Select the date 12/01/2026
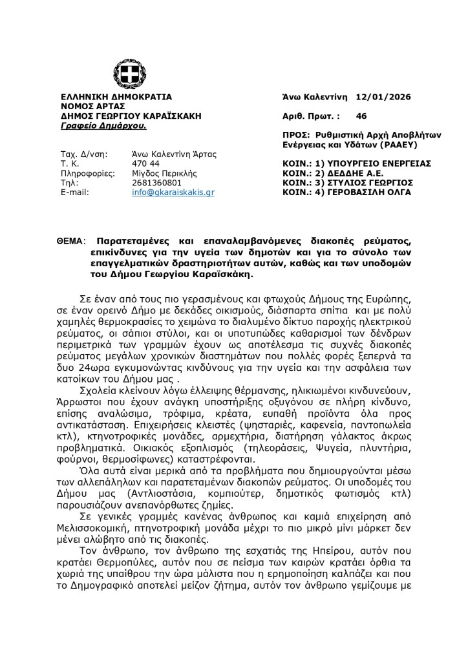383,97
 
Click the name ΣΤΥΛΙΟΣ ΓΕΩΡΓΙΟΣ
378,183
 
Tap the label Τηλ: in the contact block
69,183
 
